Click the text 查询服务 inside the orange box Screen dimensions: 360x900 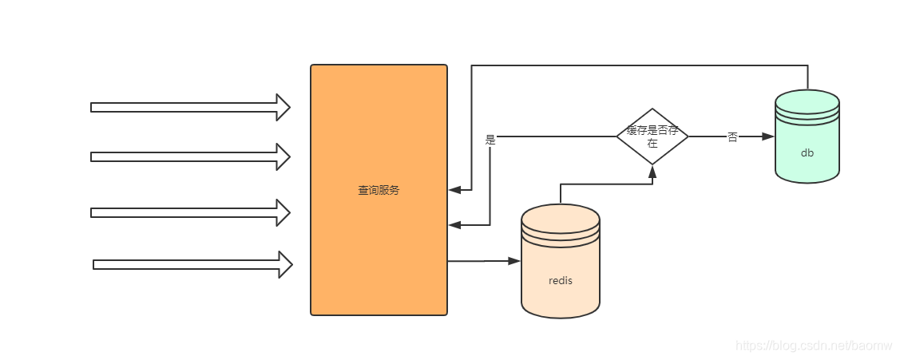coord(379,191)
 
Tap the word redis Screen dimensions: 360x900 coord(560,280)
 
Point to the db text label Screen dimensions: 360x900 coord(807,152)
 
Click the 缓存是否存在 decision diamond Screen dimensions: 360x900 coord(652,136)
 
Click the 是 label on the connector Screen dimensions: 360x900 coord(490,139)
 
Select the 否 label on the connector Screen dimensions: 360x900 coord(731,137)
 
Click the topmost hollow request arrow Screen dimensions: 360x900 coord(190,107)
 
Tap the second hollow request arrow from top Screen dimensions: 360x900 coord(190,156)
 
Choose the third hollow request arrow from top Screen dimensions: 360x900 coord(190,212)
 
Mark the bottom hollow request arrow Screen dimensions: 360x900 coord(192,264)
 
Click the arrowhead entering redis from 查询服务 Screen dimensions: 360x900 coord(514,261)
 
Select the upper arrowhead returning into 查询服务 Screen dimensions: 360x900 coord(455,190)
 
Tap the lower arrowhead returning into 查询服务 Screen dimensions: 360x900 coord(455,225)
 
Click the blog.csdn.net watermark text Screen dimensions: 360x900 coord(815,346)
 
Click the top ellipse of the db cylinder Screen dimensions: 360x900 coord(807,101)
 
